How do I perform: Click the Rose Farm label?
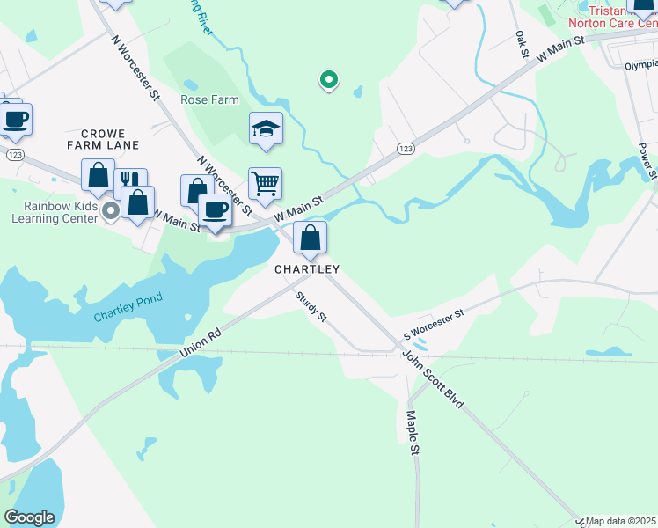(209, 100)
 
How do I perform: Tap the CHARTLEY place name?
(307, 269)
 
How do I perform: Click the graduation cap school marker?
(266, 129)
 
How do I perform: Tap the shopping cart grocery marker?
(265, 184)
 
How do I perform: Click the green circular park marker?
(329, 80)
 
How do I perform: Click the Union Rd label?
(201, 344)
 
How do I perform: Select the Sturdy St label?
(311, 305)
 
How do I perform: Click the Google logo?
(29, 517)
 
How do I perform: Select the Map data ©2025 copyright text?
(619, 521)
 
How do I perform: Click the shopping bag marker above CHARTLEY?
(310, 238)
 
